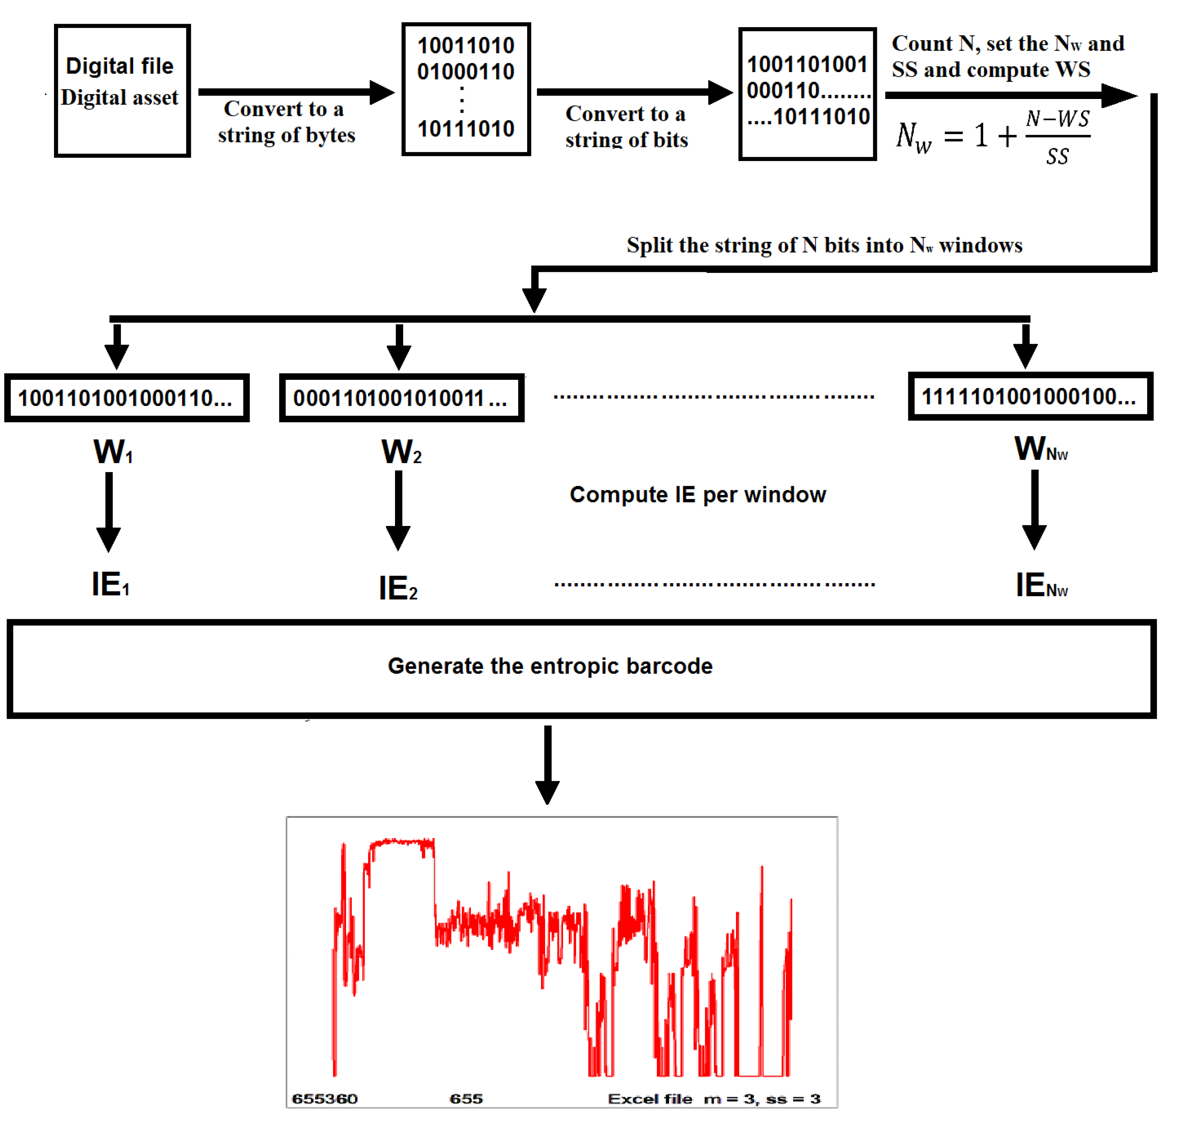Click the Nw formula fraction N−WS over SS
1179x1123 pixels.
point(1057,137)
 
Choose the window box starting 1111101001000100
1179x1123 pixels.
point(1030,396)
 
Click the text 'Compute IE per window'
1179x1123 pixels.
point(697,495)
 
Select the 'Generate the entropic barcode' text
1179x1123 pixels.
point(550,666)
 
